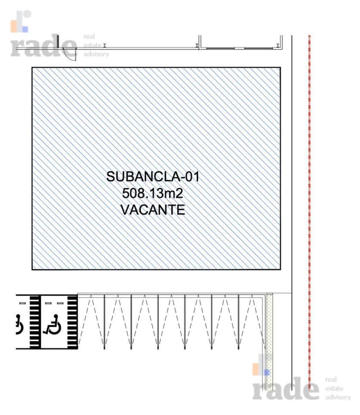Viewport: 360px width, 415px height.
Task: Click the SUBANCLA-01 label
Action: pos(153,177)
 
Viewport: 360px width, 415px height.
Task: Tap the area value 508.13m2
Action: pos(152,193)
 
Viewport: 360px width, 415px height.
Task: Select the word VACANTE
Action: pos(153,210)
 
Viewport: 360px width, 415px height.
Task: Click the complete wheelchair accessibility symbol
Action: pos(52,324)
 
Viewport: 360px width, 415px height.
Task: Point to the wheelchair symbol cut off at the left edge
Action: pos(19,324)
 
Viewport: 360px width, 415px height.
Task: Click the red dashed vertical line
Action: pos(309,212)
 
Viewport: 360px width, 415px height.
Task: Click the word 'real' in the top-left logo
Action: pos(89,37)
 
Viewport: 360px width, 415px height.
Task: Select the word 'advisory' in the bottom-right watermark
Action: pos(338,398)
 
